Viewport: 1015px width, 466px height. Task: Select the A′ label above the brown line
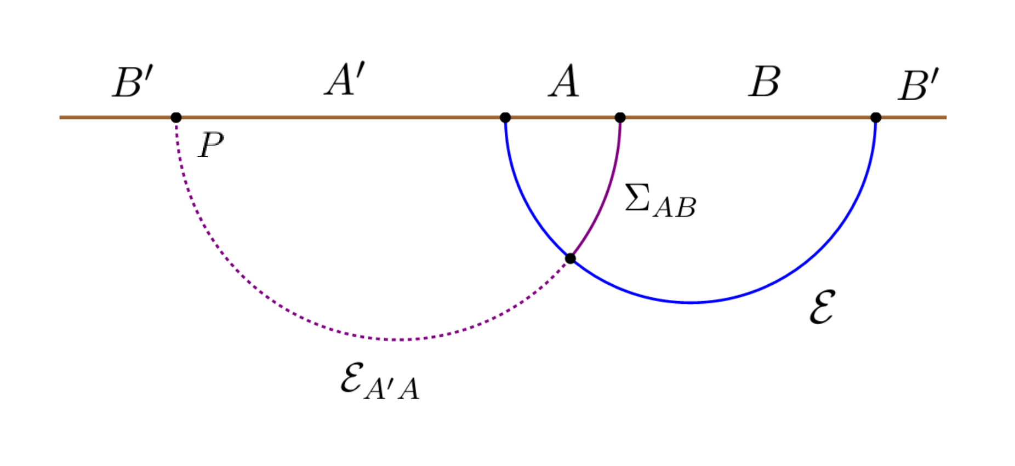point(345,80)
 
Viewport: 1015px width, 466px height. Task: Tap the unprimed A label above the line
point(564,81)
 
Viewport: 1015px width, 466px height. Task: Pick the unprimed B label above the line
point(764,82)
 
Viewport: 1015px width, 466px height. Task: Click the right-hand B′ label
point(919,85)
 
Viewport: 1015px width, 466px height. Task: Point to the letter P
point(211,145)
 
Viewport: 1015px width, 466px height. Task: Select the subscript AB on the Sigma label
point(675,208)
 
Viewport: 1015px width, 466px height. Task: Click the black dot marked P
point(176,117)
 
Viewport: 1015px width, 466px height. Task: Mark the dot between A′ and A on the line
point(505,117)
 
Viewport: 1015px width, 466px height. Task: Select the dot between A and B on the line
point(620,117)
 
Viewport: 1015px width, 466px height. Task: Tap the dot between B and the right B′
point(875,117)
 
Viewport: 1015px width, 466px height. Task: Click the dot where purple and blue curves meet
point(571,258)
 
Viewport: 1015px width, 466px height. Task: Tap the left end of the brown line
point(61,117)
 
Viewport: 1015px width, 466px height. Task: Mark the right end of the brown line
point(945,117)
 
